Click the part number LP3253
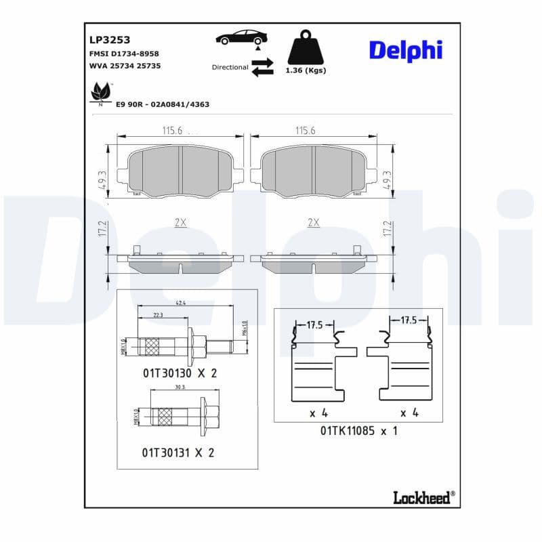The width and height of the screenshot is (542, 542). click(104, 39)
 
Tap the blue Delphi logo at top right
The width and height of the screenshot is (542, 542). click(405, 50)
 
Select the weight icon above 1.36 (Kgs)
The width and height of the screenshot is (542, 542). click(306, 47)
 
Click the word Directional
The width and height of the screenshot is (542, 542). click(230, 67)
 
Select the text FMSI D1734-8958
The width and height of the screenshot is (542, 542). click(124, 54)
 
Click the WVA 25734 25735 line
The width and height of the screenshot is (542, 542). click(125, 66)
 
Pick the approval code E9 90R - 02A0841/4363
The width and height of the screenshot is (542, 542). click(162, 104)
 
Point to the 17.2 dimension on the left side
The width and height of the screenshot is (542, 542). click(102, 229)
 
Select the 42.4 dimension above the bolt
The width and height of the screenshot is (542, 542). click(181, 303)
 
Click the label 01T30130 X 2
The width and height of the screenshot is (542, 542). click(180, 373)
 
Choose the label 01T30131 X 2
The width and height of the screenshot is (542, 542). click(178, 453)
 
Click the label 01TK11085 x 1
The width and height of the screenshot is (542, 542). click(358, 430)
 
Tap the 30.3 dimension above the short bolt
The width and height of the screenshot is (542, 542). click(180, 387)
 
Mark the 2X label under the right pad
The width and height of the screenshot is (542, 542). click(313, 222)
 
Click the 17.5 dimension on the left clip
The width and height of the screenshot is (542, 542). click(315, 325)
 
